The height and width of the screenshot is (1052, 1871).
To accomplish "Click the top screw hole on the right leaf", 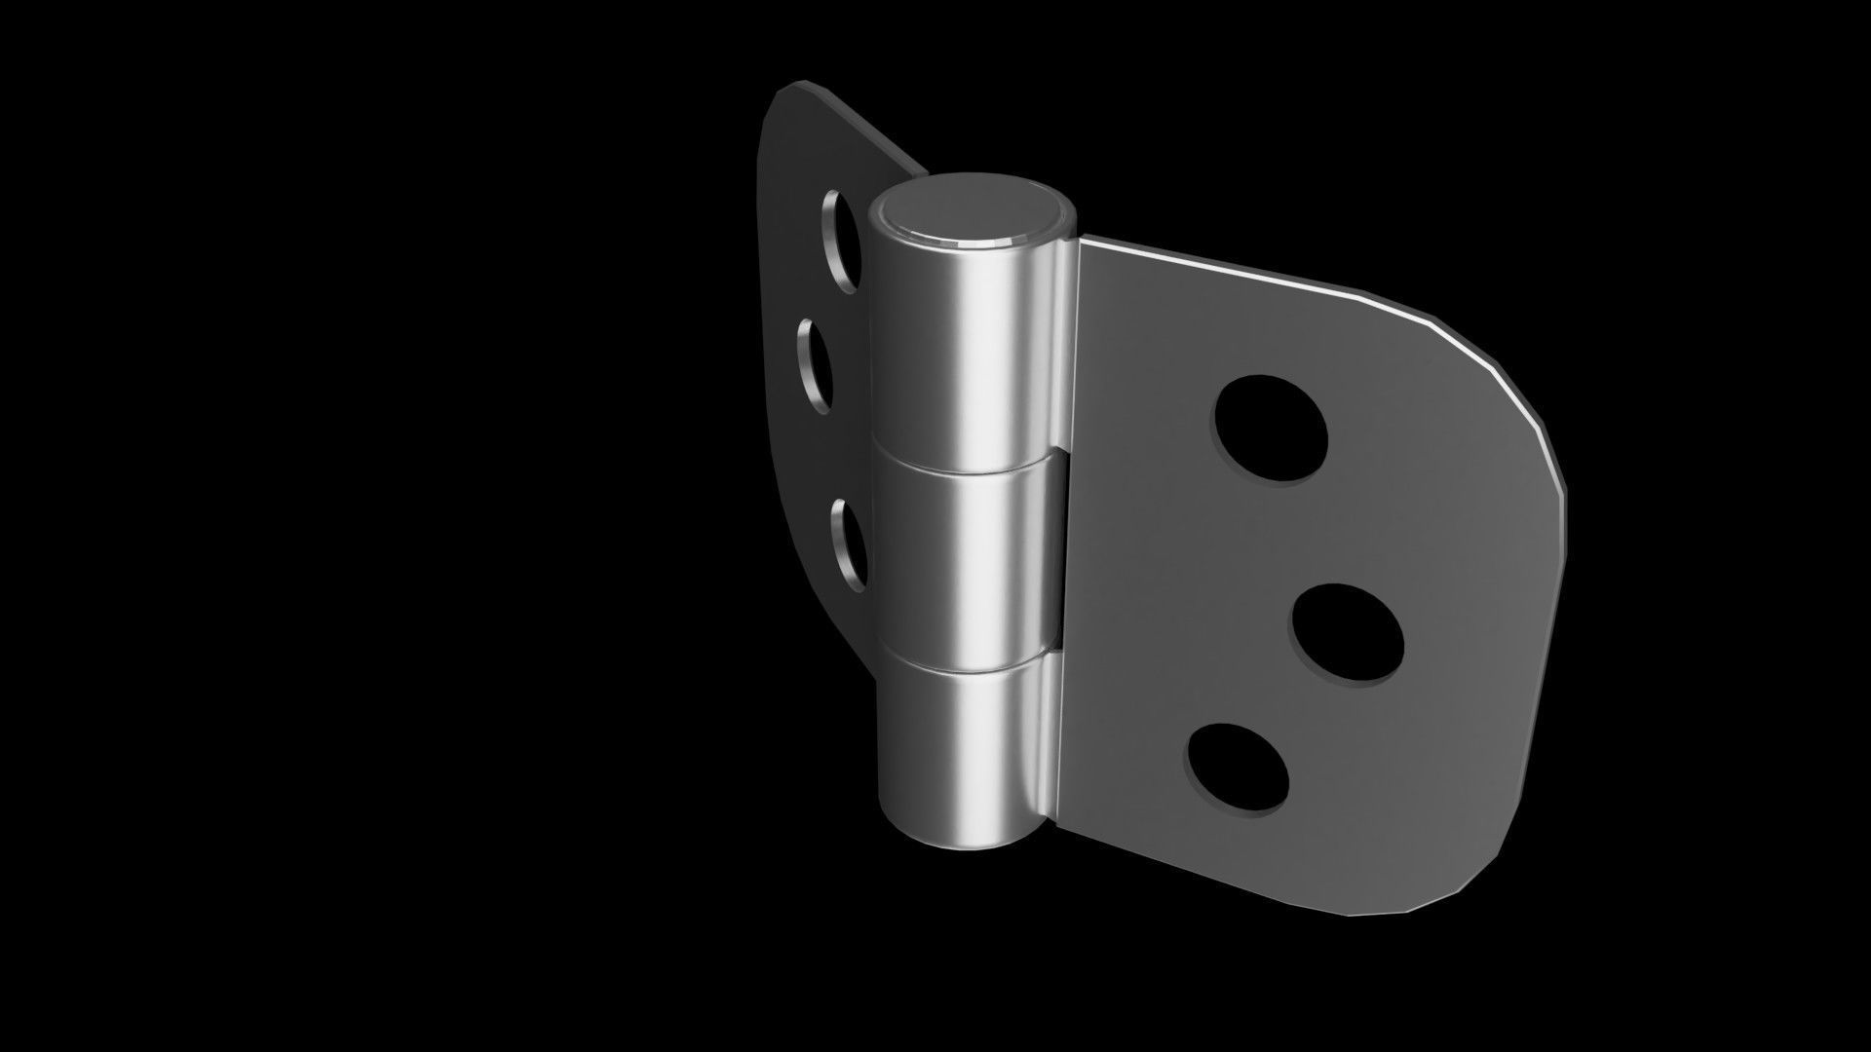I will [1271, 427].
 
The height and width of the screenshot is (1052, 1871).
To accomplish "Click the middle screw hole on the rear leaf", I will [817, 365].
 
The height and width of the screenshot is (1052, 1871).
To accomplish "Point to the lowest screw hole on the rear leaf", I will [848, 545].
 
